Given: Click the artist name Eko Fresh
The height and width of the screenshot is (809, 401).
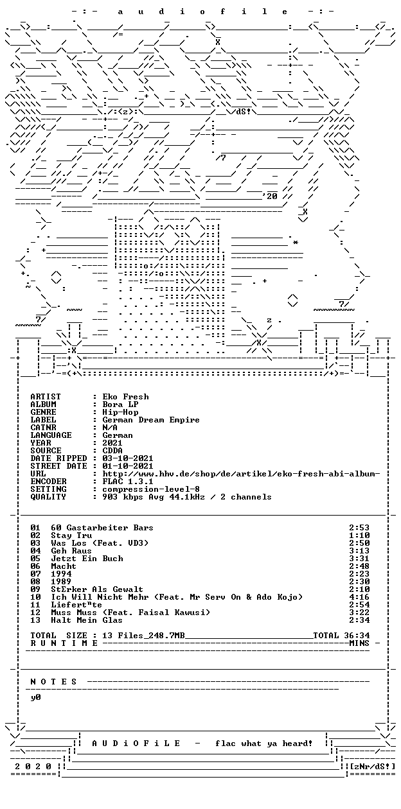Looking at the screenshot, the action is point(125,397).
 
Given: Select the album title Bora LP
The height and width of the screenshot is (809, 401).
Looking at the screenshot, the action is point(120,405).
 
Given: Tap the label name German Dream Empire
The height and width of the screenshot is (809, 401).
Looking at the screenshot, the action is point(151,420).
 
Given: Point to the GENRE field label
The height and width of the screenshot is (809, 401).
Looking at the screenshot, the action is point(44,412).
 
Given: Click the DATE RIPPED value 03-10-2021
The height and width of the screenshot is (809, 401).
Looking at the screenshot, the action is point(128,458).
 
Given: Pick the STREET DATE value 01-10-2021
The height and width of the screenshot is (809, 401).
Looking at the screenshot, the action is point(128,466).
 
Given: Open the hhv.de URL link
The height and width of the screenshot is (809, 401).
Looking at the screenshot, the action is point(241,474).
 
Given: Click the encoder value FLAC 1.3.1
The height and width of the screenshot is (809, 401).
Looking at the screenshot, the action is point(128,482).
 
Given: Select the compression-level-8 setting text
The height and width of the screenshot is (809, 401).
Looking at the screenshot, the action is point(151,489).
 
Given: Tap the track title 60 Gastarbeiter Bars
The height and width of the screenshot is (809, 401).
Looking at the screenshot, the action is point(102,528).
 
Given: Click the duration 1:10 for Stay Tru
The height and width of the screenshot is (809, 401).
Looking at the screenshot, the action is point(359,535).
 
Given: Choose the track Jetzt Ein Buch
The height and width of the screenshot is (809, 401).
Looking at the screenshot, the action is point(87,559).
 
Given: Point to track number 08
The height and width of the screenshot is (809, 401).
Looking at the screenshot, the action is point(35,582).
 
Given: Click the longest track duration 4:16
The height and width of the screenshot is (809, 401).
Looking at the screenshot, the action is point(359,597).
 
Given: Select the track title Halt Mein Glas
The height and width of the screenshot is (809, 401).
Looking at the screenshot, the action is point(87,620).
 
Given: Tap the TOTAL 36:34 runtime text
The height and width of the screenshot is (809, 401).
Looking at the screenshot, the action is point(341,636).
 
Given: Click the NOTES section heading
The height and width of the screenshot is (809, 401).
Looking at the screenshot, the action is point(53,682).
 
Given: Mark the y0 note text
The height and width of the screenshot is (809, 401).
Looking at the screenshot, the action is point(35,697).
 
